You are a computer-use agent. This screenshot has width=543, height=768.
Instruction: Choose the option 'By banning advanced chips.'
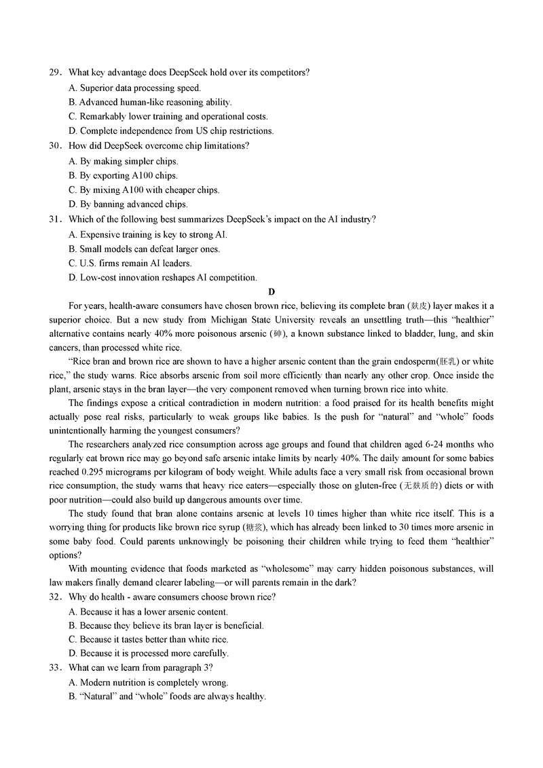click(x=128, y=204)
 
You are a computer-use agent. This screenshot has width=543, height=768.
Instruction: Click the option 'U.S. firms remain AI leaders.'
click(x=130, y=263)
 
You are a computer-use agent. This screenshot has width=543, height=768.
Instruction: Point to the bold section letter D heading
click(x=271, y=292)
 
